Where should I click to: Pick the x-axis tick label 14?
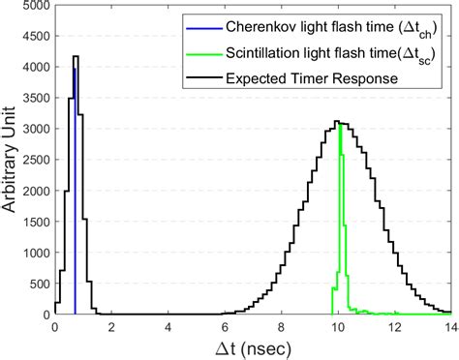[x=449, y=327]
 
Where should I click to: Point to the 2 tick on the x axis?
[x=112, y=327]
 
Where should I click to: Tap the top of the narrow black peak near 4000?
[x=76, y=56]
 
